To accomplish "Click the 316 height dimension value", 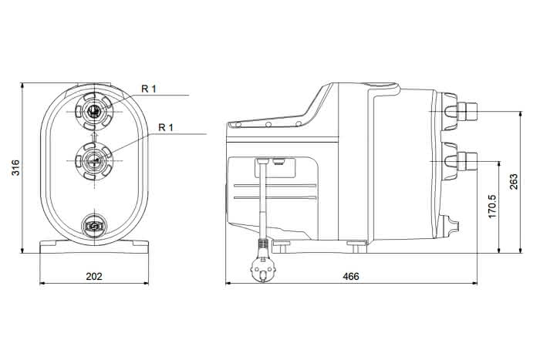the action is [16, 167].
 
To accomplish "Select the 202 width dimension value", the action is [94, 277].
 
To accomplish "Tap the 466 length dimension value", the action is [351, 277].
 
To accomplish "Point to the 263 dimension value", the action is [514, 181].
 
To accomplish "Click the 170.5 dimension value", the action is [493, 206].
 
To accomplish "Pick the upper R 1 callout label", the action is [149, 89].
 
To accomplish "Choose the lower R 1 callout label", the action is [166, 127].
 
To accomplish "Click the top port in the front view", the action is [93, 112].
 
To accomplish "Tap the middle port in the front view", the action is [93, 160].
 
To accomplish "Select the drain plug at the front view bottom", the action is [93, 226].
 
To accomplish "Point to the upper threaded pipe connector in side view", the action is [467, 112].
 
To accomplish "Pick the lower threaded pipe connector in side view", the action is [467, 161].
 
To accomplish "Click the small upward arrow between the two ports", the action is [93, 136].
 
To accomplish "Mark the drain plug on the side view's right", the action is [451, 226].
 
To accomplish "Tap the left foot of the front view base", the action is [48, 247].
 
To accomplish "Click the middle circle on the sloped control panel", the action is [268, 125].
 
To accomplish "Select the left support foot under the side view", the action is [282, 247].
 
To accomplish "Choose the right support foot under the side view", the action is [356, 247].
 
